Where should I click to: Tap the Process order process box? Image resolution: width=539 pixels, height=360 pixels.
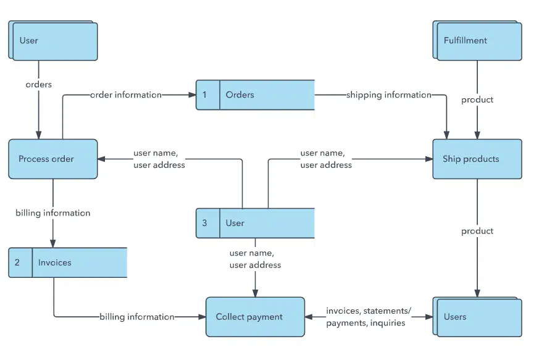[52, 159]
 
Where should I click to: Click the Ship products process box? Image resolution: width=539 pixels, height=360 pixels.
[477, 159]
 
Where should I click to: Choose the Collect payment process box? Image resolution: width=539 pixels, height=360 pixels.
[254, 317]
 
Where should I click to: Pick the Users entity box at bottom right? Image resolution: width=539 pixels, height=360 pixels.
[478, 317]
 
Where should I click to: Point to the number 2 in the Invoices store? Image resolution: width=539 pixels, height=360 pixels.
[17, 262]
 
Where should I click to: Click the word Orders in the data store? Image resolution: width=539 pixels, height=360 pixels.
[240, 94]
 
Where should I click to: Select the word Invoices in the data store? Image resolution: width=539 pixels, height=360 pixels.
[54, 262]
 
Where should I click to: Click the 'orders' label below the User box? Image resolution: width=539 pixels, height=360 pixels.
[38, 84]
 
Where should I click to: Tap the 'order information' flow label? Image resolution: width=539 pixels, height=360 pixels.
[126, 94]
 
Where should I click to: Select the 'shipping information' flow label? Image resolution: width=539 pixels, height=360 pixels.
[388, 94]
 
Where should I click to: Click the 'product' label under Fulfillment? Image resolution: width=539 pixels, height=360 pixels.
[477, 99]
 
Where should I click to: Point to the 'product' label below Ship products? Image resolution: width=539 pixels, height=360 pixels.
[477, 231]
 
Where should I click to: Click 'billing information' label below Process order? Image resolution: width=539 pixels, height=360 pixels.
[53, 213]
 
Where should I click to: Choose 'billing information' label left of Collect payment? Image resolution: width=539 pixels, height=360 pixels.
[136, 317]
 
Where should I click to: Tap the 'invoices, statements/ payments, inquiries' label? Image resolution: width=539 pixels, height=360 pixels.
[368, 317]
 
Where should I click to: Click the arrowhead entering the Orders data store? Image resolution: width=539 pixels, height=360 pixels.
[192, 94]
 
